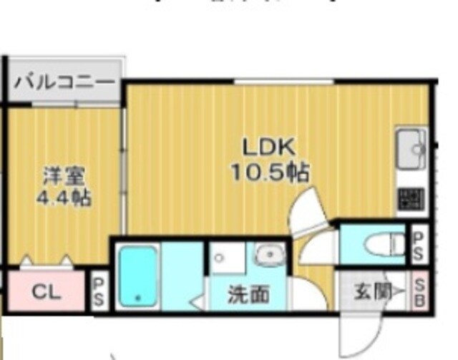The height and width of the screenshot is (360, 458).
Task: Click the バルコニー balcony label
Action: (x=64, y=80)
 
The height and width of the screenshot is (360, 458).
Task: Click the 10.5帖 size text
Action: (x=269, y=172)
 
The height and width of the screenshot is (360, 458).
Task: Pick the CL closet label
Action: (x=48, y=292)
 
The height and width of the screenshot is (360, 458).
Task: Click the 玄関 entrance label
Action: (x=374, y=292)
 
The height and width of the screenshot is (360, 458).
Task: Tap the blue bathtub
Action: (x=137, y=276)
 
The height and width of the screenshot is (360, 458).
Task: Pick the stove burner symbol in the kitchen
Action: (x=411, y=197)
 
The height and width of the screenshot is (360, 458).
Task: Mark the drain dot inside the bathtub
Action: (x=137, y=295)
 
